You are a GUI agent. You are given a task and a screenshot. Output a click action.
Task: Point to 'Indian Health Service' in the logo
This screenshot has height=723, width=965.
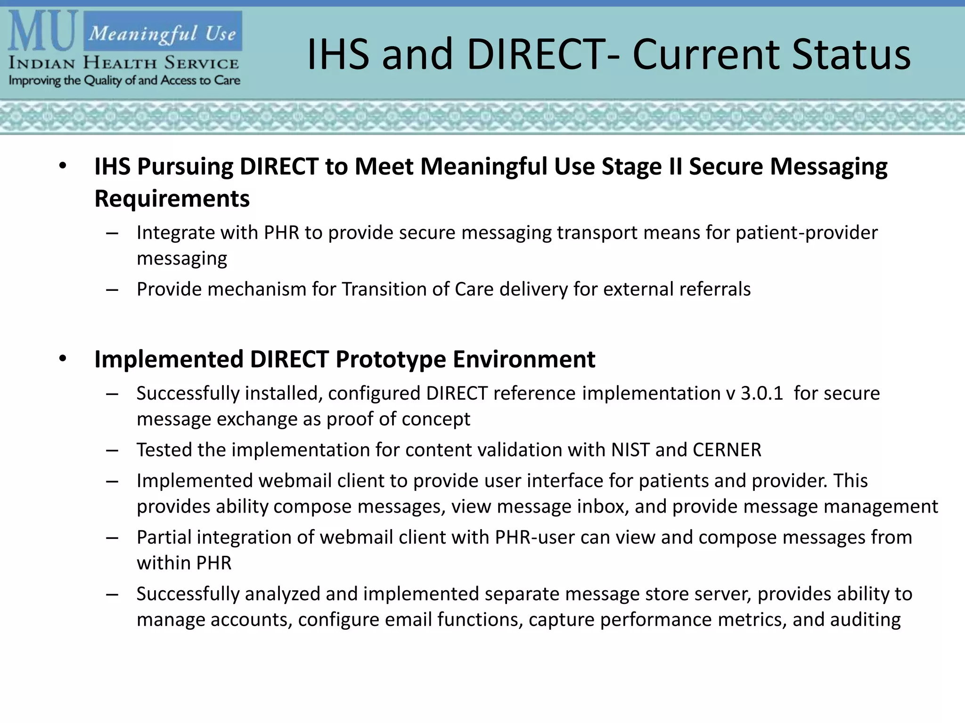click(x=123, y=63)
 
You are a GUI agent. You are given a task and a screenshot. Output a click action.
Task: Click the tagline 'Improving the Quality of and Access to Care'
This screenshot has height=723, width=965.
click(x=124, y=80)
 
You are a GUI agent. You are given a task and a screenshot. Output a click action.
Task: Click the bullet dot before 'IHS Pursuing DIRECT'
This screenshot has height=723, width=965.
click(x=63, y=167)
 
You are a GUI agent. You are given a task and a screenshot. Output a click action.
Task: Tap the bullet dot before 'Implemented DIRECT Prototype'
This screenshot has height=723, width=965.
click(x=63, y=359)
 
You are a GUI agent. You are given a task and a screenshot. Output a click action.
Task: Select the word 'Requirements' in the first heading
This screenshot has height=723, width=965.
click(x=172, y=199)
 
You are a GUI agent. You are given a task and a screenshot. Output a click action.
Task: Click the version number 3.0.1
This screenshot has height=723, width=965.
click(x=761, y=393)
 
